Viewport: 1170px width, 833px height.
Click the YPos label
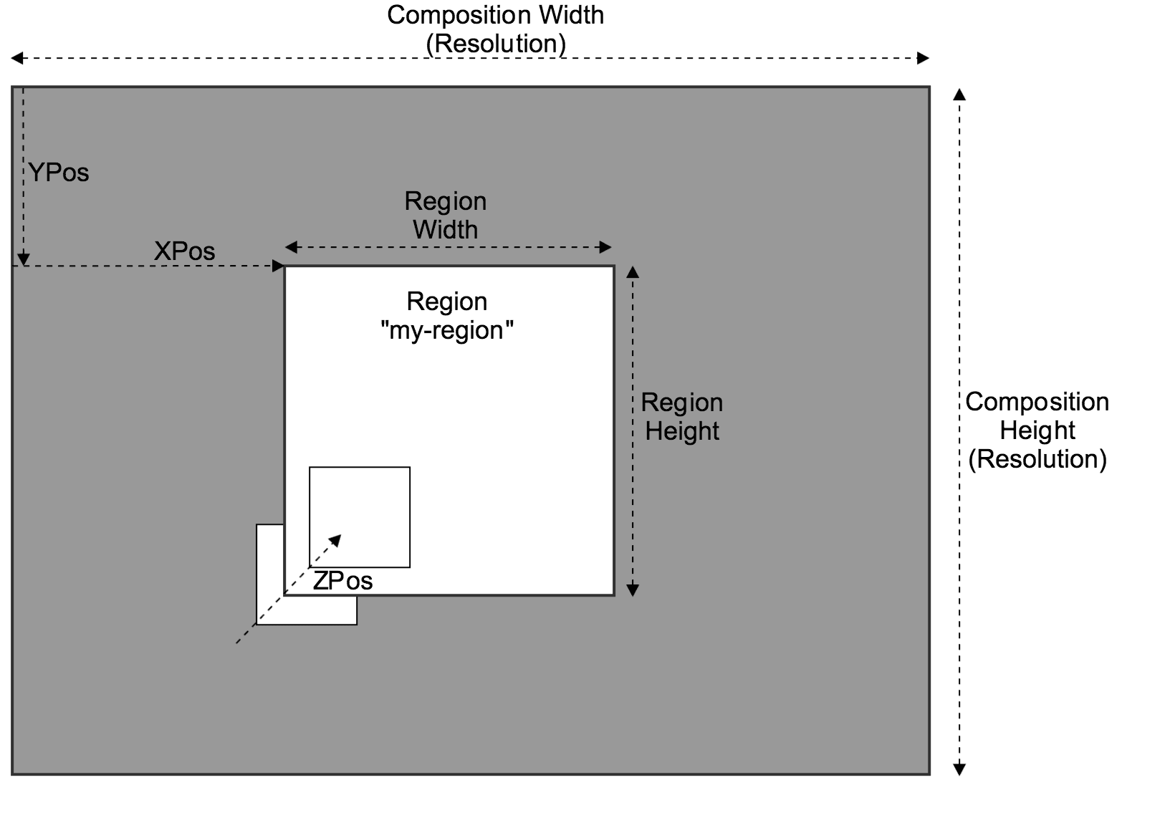point(59,173)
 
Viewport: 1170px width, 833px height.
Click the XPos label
point(184,251)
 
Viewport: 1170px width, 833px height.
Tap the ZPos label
point(342,581)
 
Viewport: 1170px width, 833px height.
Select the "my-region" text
point(447,330)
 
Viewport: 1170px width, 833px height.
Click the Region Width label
point(445,215)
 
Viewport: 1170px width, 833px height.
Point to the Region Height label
point(681,417)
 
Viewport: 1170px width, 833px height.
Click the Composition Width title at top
point(495,16)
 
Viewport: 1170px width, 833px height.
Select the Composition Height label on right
point(1037,416)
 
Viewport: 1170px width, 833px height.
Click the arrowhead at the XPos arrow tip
point(279,266)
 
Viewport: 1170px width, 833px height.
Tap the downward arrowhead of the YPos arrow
point(23,259)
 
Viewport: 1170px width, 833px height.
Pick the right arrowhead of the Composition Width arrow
point(924,58)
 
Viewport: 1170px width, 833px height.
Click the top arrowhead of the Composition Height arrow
point(959,94)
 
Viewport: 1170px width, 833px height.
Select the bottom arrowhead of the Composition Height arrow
point(959,770)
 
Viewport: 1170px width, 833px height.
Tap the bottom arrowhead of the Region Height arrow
point(632,590)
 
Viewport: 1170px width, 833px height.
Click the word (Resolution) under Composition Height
point(1037,459)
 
